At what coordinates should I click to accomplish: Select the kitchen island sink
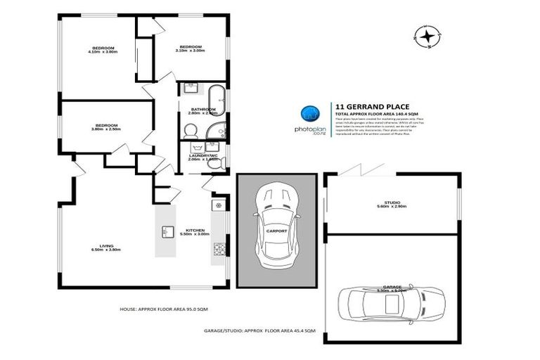[x=168, y=231]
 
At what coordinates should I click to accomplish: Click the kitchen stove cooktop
[x=218, y=248]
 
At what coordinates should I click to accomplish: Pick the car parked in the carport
[x=269, y=229]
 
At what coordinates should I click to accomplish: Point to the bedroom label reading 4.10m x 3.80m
[x=102, y=50]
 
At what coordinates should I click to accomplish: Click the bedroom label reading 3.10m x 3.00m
[x=191, y=49]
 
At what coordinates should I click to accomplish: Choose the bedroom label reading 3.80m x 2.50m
[x=106, y=127]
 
